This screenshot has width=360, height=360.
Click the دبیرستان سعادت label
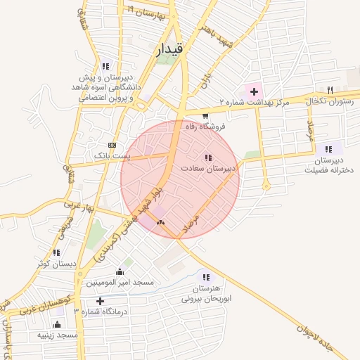click(207, 169)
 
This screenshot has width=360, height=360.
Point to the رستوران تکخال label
click(330, 102)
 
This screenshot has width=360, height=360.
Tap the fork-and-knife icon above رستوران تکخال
click(330, 90)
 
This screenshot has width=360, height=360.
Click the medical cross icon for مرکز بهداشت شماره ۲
click(253, 91)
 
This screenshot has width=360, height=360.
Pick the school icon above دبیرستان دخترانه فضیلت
click(328, 149)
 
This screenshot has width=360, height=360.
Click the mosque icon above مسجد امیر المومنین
click(120, 272)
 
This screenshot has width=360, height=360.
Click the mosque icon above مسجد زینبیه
click(58, 325)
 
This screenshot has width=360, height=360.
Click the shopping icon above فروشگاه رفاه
click(205, 116)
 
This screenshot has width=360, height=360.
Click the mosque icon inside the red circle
click(160, 223)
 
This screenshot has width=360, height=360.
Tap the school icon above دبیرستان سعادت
click(207, 158)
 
